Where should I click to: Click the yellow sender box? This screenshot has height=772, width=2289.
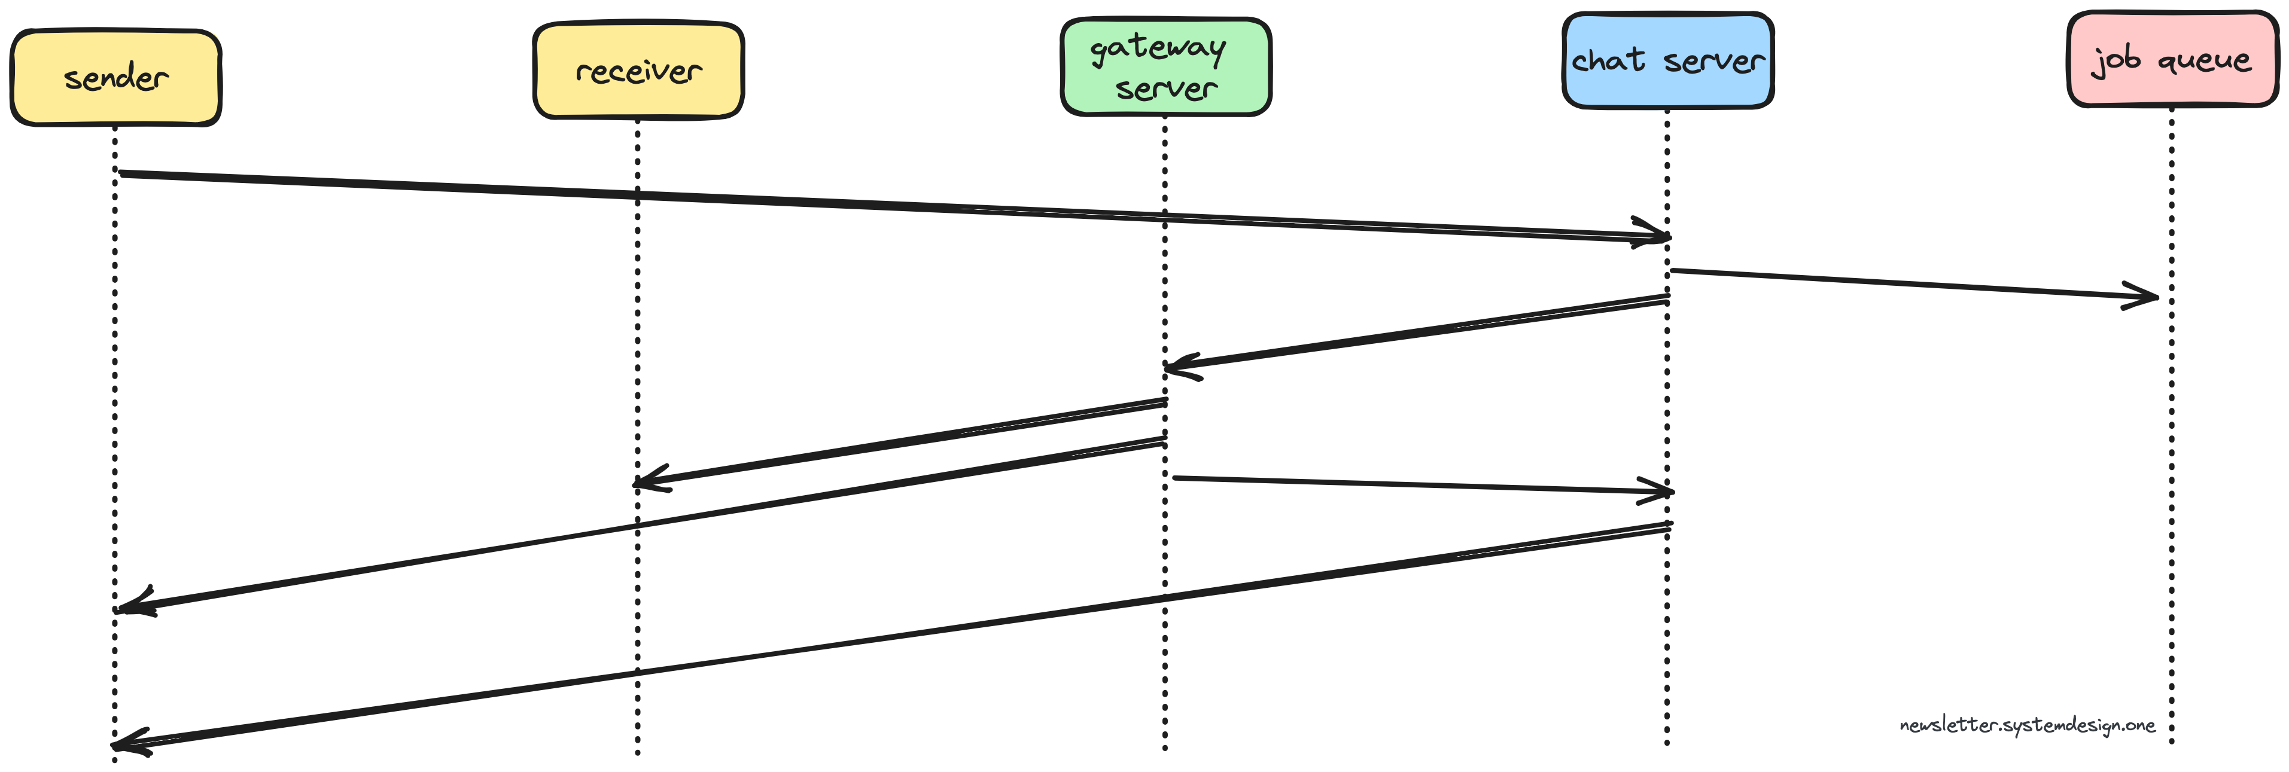[x=115, y=78]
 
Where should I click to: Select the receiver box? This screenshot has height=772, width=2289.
[x=638, y=70]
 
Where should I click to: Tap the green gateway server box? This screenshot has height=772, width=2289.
[x=1166, y=66]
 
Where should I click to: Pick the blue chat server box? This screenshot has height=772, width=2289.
[x=1668, y=60]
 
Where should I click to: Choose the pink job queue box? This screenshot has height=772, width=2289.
[x=2172, y=60]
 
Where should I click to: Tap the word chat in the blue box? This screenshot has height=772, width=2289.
[x=1608, y=60]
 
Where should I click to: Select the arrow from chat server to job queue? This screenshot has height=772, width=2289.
[x=1910, y=282]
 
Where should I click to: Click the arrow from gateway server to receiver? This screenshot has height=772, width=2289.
[x=897, y=443]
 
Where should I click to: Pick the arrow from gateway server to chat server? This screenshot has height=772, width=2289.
[x=1422, y=485]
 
